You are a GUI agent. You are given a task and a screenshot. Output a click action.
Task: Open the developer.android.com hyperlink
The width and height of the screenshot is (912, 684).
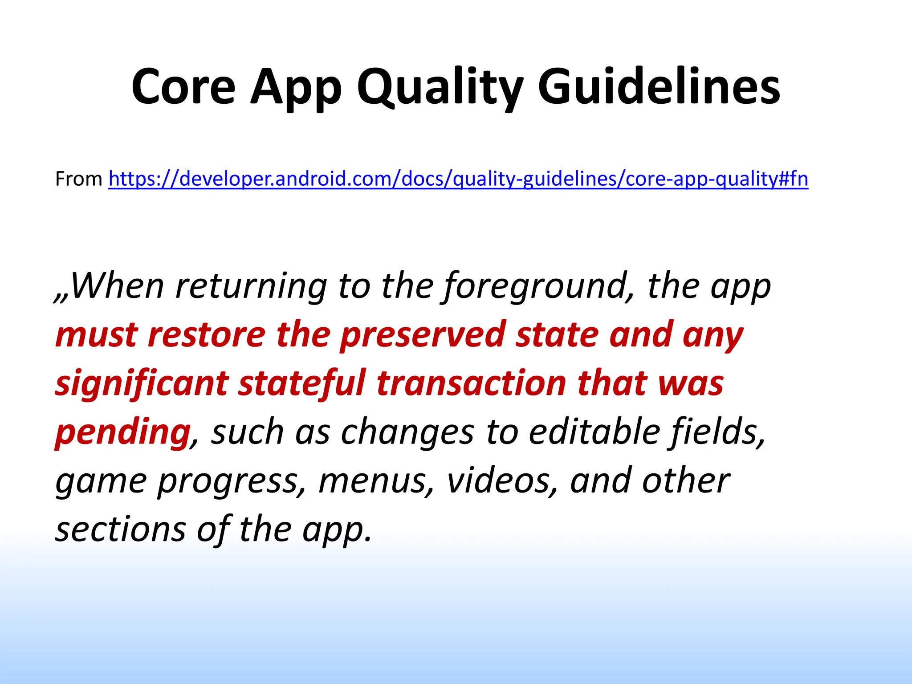coord(458,179)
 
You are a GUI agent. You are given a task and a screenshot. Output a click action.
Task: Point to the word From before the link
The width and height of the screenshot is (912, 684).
coord(79,179)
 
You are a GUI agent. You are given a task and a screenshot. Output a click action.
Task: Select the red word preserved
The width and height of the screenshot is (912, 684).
coord(422,335)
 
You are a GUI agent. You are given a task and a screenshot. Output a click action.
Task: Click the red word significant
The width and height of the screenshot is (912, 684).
coord(141,383)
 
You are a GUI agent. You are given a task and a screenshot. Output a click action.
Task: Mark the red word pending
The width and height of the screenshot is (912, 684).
coord(122,432)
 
